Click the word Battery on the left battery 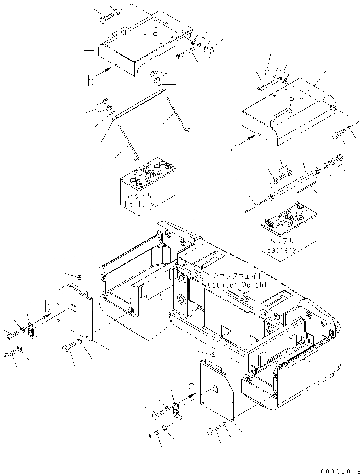coord(139,204)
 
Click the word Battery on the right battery coord(282,250)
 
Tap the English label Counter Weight coord(237,285)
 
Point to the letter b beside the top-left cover coord(91,80)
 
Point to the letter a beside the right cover coord(233,148)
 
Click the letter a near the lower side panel coord(191,387)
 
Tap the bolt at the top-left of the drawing coord(106,17)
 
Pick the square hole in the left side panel coord(73,307)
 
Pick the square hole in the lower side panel coord(216,389)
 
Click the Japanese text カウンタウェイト coord(237,276)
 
